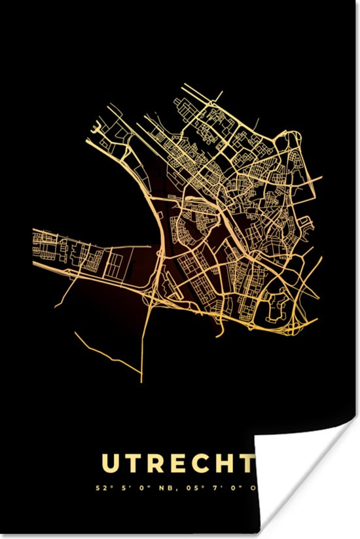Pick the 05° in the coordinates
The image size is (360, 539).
185,488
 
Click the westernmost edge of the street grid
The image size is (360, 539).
34,242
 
